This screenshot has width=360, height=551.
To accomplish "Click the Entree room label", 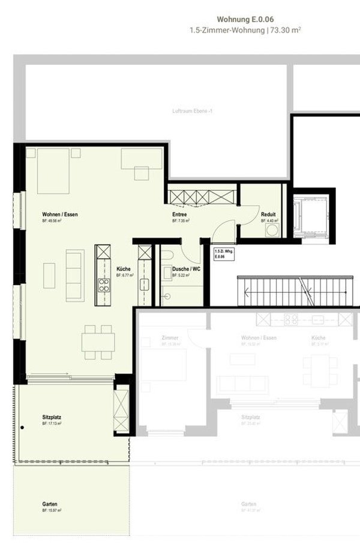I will pyautogui.click(x=179, y=214).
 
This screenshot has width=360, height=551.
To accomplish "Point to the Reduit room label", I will pyautogui.click(x=268, y=214).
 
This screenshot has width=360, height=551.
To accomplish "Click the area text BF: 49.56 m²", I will pyautogui.click(x=52, y=221).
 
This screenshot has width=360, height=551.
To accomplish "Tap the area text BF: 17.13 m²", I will pyautogui.click(x=52, y=423).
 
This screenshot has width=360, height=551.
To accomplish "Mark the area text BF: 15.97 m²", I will pyautogui.click(x=52, y=510).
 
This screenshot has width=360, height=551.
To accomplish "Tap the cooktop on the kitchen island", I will pyautogui.click(x=104, y=285).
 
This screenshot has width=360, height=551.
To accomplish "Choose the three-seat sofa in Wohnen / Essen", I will pyautogui.click(x=74, y=275).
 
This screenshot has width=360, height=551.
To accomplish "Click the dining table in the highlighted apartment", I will pyautogui.click(x=97, y=342).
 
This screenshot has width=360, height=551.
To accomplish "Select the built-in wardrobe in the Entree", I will pyautogui.click(x=202, y=196).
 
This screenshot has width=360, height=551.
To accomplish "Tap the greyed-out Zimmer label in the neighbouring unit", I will pyautogui.click(x=170, y=338).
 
